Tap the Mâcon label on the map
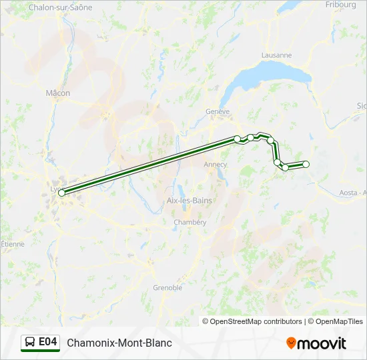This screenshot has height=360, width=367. tap(58, 93)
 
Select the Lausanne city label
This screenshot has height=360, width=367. tap(277, 55)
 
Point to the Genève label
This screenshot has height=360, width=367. tap(218, 111)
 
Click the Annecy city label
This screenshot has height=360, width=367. tap(216, 164)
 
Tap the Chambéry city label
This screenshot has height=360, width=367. tap(190, 222)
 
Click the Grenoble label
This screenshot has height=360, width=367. tap(167, 288)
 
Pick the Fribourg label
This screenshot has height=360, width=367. tap(341, 4)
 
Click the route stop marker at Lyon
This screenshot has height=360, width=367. tap(61, 193)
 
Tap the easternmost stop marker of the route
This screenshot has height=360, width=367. tap(306, 164)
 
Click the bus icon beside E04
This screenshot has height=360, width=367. tap(30, 343)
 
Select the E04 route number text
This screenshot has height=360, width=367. tap(48, 342)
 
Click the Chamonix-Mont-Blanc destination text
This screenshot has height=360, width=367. tap(119, 343)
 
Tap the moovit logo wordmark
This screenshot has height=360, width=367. tap(322, 343)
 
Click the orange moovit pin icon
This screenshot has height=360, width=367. tap(291, 343)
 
